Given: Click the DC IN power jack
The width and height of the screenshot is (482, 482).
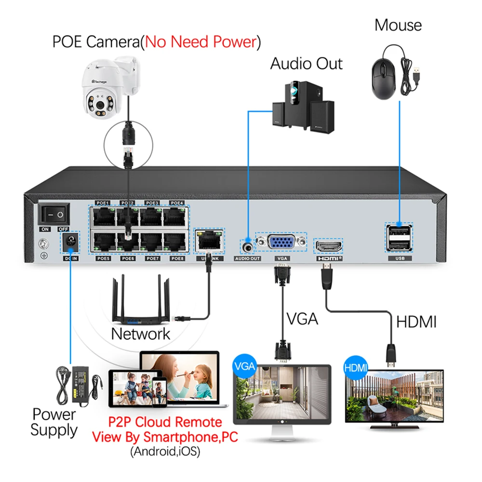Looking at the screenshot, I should pyautogui.click(x=70, y=243).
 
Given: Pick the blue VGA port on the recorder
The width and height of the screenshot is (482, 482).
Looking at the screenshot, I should pyautogui.click(x=281, y=243).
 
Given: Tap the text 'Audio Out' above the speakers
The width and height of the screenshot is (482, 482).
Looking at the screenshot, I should pyautogui.click(x=306, y=63).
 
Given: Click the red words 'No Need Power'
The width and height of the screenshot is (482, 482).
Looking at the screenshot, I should pyautogui.click(x=200, y=42).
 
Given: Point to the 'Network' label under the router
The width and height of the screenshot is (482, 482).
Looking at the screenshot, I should pyautogui.click(x=141, y=334).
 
